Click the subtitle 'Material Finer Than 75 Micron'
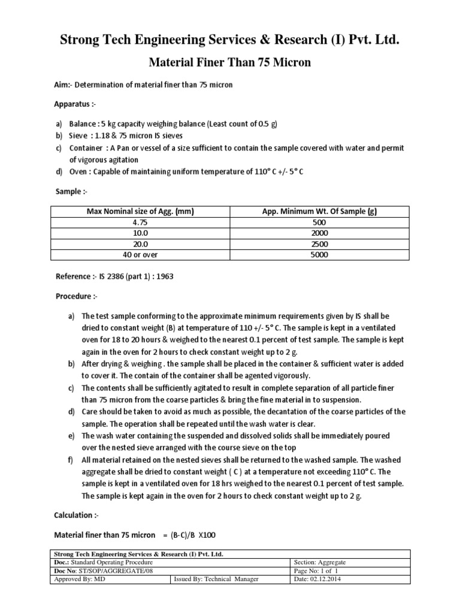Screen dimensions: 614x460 click(x=229, y=63)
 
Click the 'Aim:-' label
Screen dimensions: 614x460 click(x=65, y=85)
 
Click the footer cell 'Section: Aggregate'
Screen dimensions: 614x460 click(x=320, y=563)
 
